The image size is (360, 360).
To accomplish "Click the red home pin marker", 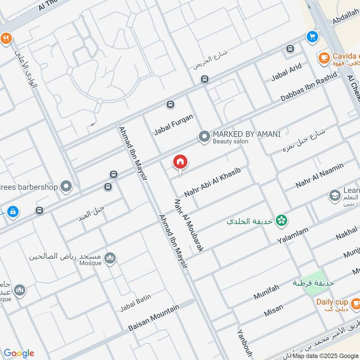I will [180, 162].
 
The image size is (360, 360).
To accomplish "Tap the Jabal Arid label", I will [286, 72].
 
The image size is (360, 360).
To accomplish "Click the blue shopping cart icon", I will [311, 37].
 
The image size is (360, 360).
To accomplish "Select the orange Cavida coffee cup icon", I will [324, 58].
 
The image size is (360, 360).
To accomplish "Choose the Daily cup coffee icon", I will [355, 305].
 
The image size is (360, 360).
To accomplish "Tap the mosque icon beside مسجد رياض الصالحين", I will [110, 258].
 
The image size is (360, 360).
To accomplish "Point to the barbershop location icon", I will [67, 186].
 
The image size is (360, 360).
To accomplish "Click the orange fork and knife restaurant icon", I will [5, 38].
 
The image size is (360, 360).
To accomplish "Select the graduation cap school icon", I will [334, 195].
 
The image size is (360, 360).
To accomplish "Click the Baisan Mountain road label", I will [154, 317].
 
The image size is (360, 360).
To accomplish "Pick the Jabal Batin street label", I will [135, 302].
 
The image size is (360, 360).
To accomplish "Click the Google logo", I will [19, 353].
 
